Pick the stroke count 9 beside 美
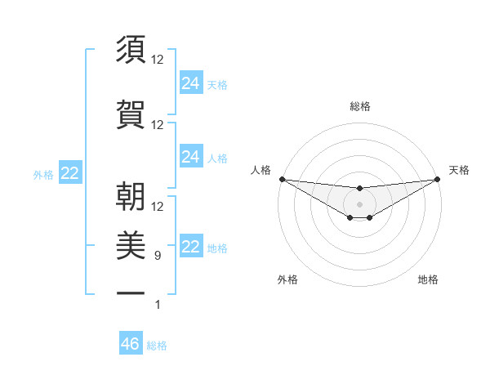pyautogui.click(x=158, y=255)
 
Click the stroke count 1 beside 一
pyautogui.click(x=158, y=305)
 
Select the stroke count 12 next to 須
pyautogui.click(x=158, y=59)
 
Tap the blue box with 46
pyautogui.click(x=131, y=344)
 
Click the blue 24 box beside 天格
pyautogui.click(x=191, y=83)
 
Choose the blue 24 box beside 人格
pyautogui.click(x=191, y=157)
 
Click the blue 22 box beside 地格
pyautogui.click(x=191, y=247)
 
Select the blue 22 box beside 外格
pyautogui.click(x=70, y=173)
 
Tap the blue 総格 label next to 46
pyautogui.click(x=157, y=346)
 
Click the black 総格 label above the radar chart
pyautogui.click(x=359, y=106)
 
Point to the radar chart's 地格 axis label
pyautogui.click(x=428, y=279)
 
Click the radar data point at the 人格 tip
pyautogui.click(x=282, y=178)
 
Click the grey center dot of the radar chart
pyautogui.click(x=359, y=203)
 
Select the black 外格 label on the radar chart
pyautogui.click(x=287, y=279)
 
